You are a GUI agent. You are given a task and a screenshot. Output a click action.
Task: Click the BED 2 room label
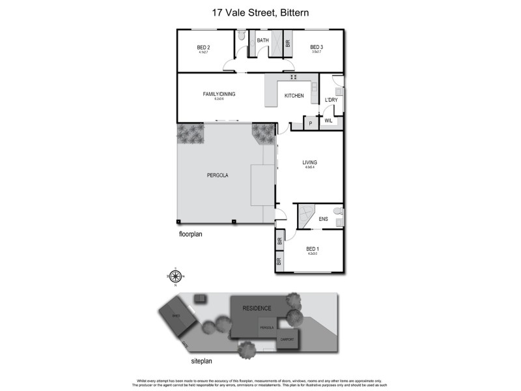(x=203, y=47)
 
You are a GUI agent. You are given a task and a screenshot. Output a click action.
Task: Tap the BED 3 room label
(x=317, y=47)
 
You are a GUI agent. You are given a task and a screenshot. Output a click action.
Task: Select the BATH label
(x=263, y=40)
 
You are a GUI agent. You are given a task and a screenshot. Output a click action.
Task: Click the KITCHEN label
(x=294, y=96)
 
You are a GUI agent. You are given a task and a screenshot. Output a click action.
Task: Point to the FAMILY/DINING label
(x=218, y=94)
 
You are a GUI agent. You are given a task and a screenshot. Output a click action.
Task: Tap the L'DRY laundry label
(x=331, y=100)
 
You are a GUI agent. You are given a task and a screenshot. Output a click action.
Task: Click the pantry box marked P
(x=311, y=123)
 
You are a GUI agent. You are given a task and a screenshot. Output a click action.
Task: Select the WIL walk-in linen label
(x=329, y=121)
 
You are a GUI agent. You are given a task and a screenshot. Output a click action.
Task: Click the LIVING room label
(x=309, y=162)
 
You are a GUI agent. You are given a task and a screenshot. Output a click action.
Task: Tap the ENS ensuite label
(x=323, y=219)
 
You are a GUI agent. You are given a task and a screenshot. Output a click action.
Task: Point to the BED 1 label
(x=313, y=249)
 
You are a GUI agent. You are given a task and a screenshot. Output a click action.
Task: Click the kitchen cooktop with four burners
(x=293, y=78)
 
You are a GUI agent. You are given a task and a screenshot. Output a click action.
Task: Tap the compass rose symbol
(x=175, y=276)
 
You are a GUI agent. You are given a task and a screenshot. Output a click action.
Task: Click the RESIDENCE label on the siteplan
(x=257, y=308)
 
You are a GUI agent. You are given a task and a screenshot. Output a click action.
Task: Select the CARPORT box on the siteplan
(x=287, y=340)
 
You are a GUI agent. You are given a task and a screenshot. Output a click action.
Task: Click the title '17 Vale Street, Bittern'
(x=260, y=12)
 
